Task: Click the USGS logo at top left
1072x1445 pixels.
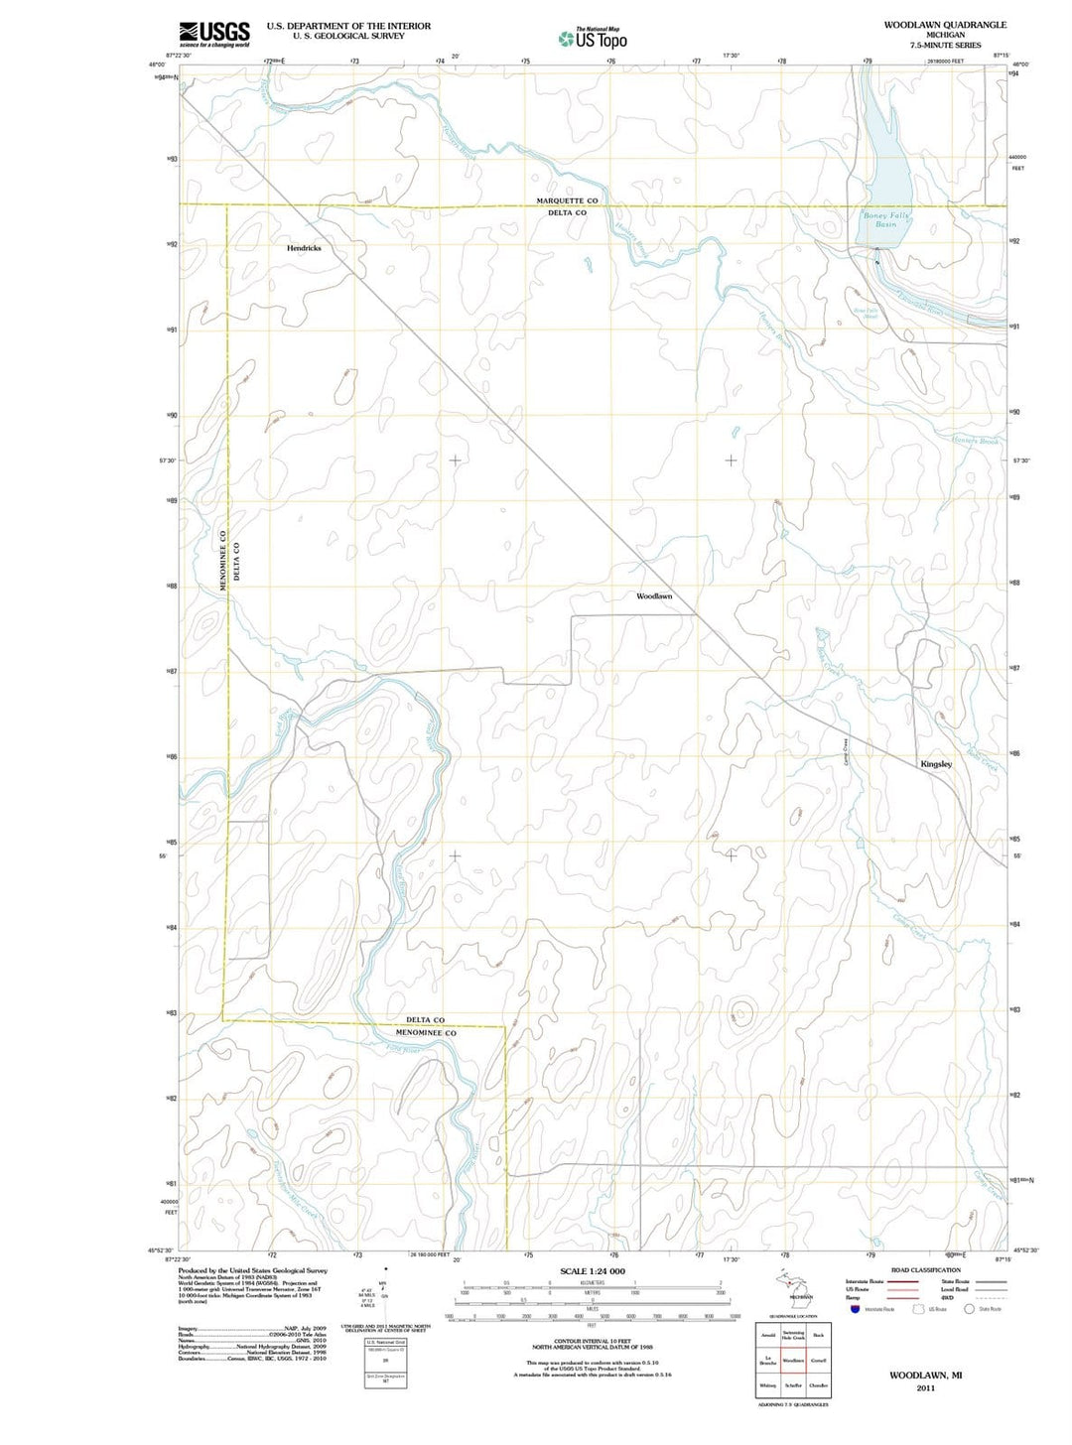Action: click(214, 35)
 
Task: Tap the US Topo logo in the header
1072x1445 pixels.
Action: click(593, 39)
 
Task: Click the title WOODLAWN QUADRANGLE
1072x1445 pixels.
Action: click(945, 25)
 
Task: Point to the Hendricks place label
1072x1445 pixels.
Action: click(304, 248)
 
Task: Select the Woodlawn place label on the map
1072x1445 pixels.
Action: click(654, 596)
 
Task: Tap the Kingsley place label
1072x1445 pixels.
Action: click(936, 764)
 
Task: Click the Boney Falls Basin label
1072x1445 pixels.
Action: click(885, 220)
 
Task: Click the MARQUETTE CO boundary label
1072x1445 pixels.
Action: click(567, 200)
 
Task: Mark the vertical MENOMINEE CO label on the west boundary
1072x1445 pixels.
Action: click(224, 562)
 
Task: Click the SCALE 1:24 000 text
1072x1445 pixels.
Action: click(593, 1271)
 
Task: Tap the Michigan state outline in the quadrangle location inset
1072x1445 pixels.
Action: click(794, 1288)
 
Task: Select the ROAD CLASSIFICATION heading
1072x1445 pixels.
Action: click(925, 1270)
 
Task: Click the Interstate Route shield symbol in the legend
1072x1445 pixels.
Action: click(855, 1309)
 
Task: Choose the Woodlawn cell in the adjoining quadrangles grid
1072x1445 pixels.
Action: click(793, 1361)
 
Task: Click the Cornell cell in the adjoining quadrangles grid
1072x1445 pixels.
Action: click(819, 1361)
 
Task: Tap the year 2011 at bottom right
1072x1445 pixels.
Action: click(925, 1388)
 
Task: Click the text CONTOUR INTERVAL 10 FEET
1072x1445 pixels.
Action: click(592, 1342)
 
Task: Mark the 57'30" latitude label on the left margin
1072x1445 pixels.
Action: click(167, 460)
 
